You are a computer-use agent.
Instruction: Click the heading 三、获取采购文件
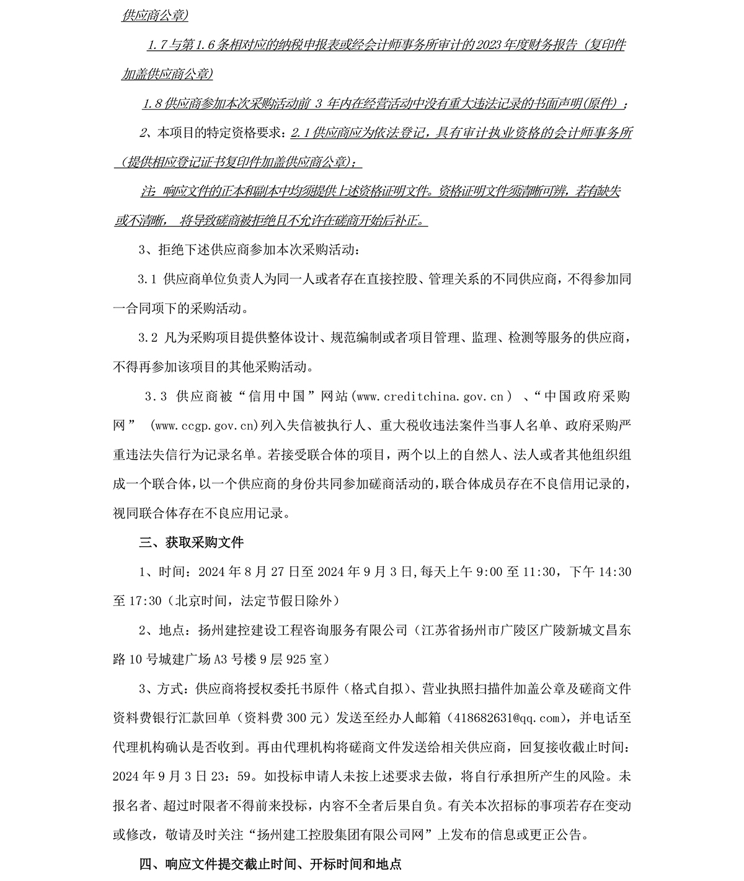click(x=192, y=542)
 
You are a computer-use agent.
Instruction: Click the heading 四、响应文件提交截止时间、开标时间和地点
click(x=270, y=864)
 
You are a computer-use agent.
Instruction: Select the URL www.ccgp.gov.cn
click(x=204, y=425)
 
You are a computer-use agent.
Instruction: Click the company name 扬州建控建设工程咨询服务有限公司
click(x=302, y=631)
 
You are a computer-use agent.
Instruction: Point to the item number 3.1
click(x=146, y=279)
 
